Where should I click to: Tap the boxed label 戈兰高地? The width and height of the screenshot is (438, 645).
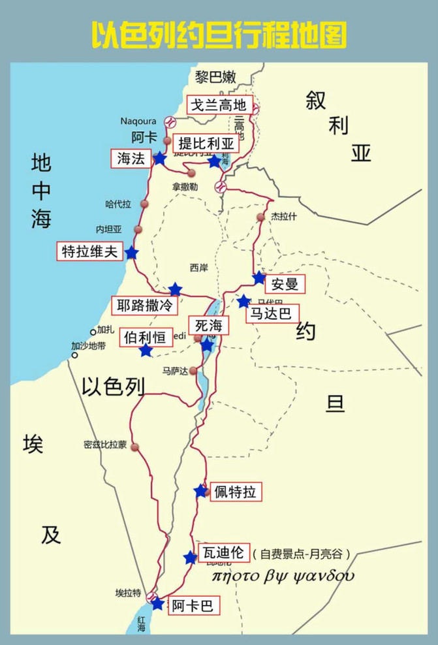point(219,105)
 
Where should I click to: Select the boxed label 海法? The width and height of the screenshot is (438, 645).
point(131,158)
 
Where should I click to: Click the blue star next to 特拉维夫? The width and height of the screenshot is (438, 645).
point(131,253)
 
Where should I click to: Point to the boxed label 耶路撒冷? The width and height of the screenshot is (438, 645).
point(145,305)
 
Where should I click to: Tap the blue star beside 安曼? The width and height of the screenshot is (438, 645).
point(259,278)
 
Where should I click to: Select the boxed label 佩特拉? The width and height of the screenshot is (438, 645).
point(234,492)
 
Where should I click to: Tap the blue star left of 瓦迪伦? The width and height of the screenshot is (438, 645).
point(190,558)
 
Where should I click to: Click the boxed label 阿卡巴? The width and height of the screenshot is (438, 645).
point(193,606)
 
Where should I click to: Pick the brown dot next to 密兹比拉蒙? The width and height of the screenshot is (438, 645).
point(135,447)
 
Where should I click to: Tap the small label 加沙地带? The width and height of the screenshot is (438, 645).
point(89,346)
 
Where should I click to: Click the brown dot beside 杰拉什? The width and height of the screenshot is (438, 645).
point(261,217)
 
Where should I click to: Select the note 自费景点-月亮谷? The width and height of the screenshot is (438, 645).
point(302,554)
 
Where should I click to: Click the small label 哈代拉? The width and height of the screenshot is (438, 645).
point(118,204)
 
